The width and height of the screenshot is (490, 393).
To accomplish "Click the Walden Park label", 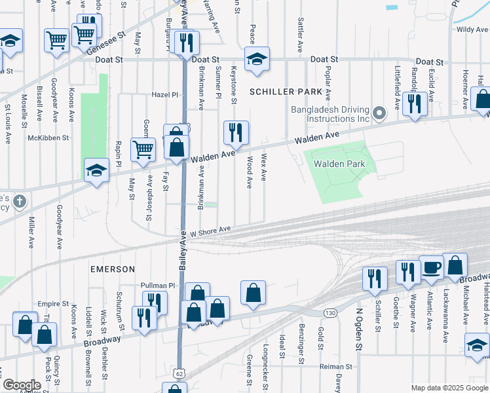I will point(339,164).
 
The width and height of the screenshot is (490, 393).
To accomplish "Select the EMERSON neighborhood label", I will point(112,269).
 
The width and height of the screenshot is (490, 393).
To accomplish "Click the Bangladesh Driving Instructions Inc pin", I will point(379,115).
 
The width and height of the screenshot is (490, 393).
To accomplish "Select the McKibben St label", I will point(48,138).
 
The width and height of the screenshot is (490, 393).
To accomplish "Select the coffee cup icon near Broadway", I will point(431,267).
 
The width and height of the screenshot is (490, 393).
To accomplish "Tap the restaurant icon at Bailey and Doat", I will point(187,43).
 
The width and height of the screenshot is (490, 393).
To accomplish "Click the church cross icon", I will point(20,202).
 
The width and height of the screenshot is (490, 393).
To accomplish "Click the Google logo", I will point(21,385).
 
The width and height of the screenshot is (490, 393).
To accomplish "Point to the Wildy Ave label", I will point(472,29).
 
